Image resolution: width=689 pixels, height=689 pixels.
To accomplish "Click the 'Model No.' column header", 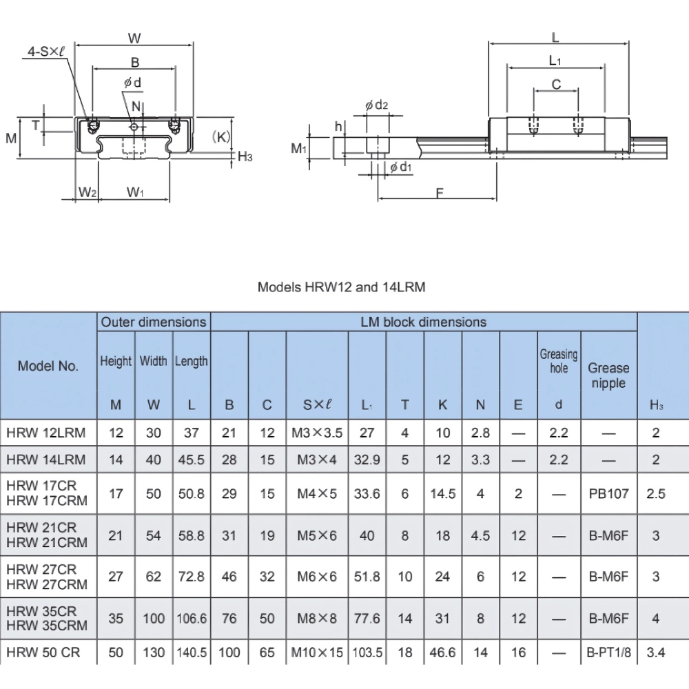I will pyautogui.click(x=48, y=366).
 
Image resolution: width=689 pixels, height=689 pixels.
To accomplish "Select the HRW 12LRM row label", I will pyautogui.click(x=46, y=433).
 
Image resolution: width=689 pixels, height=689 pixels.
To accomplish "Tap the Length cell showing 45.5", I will pyautogui.click(x=191, y=460).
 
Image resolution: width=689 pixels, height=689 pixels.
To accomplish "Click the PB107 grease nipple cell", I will pyautogui.click(x=609, y=494).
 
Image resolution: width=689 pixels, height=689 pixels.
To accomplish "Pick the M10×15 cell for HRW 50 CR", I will pyautogui.click(x=317, y=652).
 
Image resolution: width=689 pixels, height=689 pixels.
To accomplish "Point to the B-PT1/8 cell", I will pyautogui.click(x=609, y=652).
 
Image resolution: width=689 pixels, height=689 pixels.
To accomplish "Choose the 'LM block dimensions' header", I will pyautogui.click(x=423, y=322).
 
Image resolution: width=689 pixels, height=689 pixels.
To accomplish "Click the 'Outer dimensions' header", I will pyautogui.click(x=154, y=322).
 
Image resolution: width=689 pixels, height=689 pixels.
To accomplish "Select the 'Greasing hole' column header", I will pyautogui.click(x=558, y=362).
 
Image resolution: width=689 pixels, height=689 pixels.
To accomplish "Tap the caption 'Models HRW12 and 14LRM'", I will pyautogui.click(x=341, y=287).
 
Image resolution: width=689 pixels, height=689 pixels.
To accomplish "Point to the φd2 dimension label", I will pyautogui.click(x=377, y=105).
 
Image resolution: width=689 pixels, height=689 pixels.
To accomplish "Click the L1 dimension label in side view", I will pyautogui.click(x=555, y=61).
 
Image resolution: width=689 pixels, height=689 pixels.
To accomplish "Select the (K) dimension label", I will pyautogui.click(x=220, y=136).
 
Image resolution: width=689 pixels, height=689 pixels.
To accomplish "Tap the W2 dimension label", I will pyautogui.click(x=87, y=191).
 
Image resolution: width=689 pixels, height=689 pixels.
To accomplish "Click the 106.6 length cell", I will pyautogui.click(x=191, y=619).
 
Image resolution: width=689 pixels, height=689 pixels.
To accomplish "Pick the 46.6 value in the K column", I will pyautogui.click(x=443, y=652).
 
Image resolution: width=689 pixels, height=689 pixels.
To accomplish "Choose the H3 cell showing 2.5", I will pyautogui.click(x=655, y=494).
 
